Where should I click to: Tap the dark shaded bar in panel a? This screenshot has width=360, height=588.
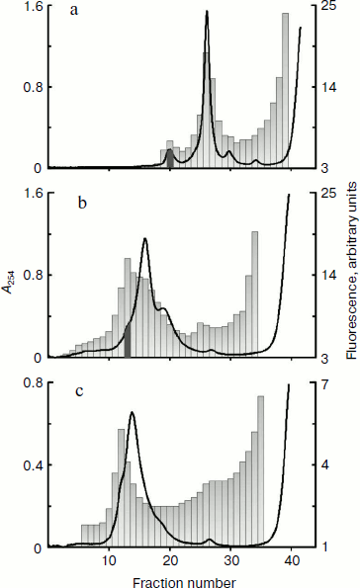tap(169, 158)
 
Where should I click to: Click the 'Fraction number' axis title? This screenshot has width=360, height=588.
tap(174, 577)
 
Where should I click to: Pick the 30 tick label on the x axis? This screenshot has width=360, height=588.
tap(231, 561)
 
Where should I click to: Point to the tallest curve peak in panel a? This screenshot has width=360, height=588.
tap(207, 12)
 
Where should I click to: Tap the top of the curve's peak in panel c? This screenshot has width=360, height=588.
tap(132, 412)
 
